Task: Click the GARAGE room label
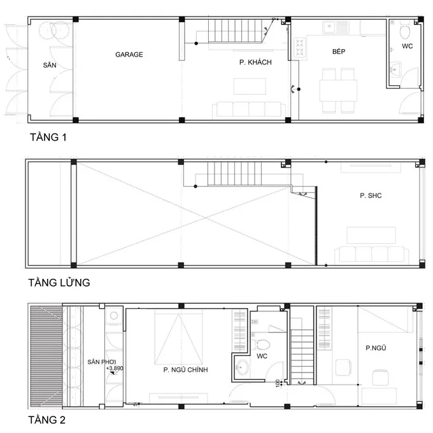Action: [129, 55]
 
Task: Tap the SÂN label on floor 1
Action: [50, 65]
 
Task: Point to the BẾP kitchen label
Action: [338, 52]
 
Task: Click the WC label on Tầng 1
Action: [408, 47]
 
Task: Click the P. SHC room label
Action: [370, 195]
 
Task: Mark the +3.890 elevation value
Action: [115, 369]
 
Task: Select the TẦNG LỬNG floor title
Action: [58, 281]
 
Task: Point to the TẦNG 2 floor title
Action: [47, 420]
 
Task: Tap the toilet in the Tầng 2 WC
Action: [262, 344]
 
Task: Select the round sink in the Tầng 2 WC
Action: [242, 367]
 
